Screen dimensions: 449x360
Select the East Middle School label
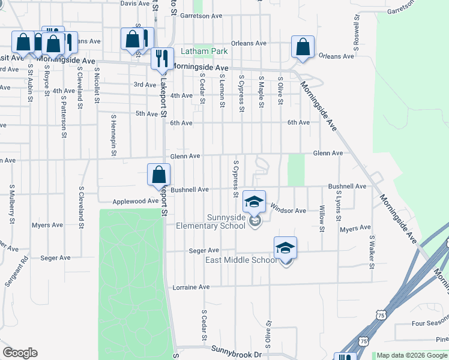[241, 260]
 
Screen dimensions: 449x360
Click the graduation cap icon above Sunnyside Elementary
[254, 202]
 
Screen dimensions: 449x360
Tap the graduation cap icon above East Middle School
[286, 247]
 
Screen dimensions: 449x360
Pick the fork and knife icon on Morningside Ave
[161, 59]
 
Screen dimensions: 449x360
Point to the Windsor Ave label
[288, 211]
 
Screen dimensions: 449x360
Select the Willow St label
[322, 218]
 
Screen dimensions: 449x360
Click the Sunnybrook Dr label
[242, 355]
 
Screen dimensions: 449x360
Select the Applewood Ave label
[136, 202]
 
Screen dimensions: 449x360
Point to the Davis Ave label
[134, 3]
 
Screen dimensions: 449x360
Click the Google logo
[20, 352]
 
